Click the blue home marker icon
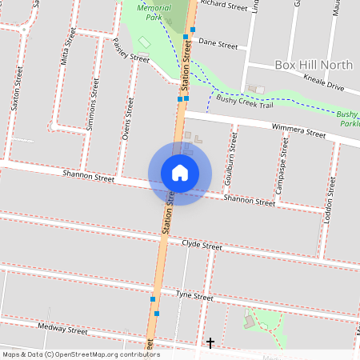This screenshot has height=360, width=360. [180, 172]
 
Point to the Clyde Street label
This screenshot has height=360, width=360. [202, 244]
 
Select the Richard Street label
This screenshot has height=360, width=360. [225, 6]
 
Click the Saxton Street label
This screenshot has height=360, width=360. [17, 93]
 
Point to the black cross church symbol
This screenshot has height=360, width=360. [210, 343]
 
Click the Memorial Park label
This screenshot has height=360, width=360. [154, 10]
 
